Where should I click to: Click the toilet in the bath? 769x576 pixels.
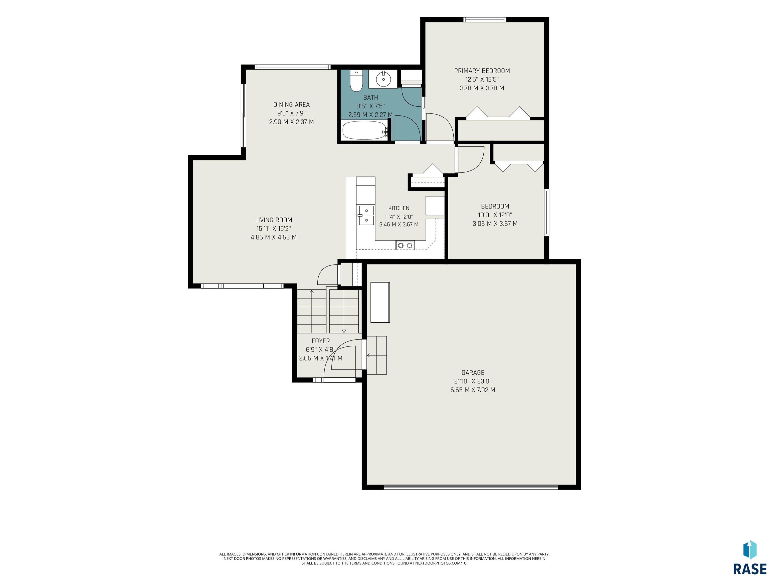pyautogui.click(x=356, y=80)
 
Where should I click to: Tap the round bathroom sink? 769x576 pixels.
pyautogui.click(x=383, y=79)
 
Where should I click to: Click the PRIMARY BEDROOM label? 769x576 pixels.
pyautogui.click(x=482, y=71)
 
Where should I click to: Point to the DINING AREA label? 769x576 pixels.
pyautogui.click(x=291, y=104)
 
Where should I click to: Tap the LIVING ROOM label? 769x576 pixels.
pyautogui.click(x=274, y=220)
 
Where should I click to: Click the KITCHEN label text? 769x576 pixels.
pyautogui.click(x=399, y=208)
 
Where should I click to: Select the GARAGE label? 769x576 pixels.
pyautogui.click(x=473, y=372)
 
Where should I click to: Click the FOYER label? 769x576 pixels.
pyautogui.click(x=320, y=341)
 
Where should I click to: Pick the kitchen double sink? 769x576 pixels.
pyautogui.click(x=366, y=215)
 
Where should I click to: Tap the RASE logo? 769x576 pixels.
pyautogui.click(x=750, y=559)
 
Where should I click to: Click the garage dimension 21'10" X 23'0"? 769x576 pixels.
pyautogui.click(x=473, y=381)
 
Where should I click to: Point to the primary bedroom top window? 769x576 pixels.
pyautogui.click(x=485, y=19)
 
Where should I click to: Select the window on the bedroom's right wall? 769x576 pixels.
pyautogui.click(x=546, y=212)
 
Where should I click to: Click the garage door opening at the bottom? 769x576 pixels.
pyautogui.click(x=471, y=487)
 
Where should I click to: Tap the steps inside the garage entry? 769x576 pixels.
pyautogui.click(x=376, y=355)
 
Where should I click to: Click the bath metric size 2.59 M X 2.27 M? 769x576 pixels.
pyautogui.click(x=370, y=114)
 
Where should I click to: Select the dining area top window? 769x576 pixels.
pyautogui.click(x=292, y=67)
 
